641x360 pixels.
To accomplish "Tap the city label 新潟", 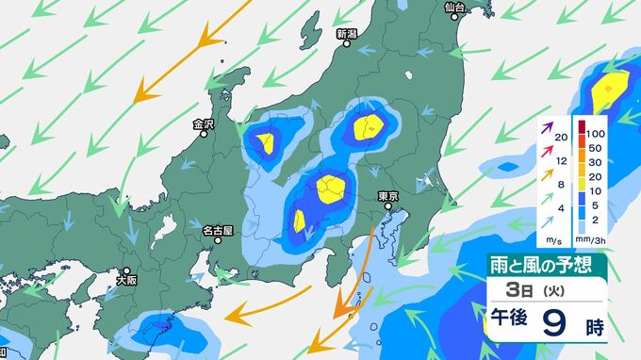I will coord(346,34).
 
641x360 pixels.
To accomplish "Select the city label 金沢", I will coord(204,123).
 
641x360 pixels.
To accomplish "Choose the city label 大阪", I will coord(126,280).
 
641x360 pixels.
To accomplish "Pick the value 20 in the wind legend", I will coord(562,138).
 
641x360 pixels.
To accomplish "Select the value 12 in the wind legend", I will coord(562,162).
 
